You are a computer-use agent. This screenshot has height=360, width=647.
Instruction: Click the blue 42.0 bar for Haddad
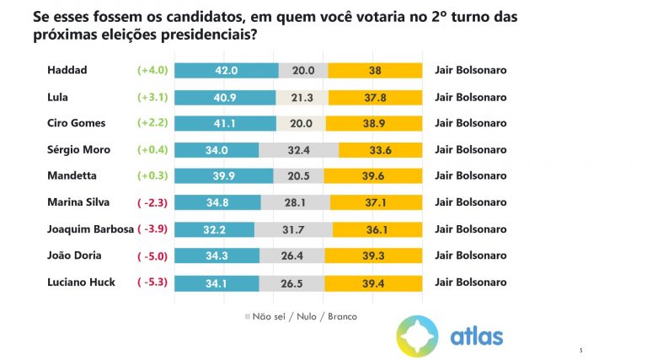click(x=226, y=71)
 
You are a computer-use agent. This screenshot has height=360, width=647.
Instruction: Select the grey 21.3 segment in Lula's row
click(x=301, y=97)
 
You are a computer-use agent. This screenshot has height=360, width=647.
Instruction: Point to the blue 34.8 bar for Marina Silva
click(x=217, y=201)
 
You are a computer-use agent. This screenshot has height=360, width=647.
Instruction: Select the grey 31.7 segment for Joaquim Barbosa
click(x=293, y=228)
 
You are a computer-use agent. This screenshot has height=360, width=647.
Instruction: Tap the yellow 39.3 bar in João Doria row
click(x=374, y=255)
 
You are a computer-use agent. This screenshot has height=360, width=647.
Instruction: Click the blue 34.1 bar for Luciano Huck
click(x=216, y=282)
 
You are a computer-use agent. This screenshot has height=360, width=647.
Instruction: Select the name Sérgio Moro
click(x=78, y=149)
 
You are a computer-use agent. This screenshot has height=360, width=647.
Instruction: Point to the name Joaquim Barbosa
click(x=91, y=228)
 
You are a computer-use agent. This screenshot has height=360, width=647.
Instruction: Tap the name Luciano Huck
click(x=81, y=282)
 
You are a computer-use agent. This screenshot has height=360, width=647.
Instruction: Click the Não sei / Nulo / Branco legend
click(x=300, y=316)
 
